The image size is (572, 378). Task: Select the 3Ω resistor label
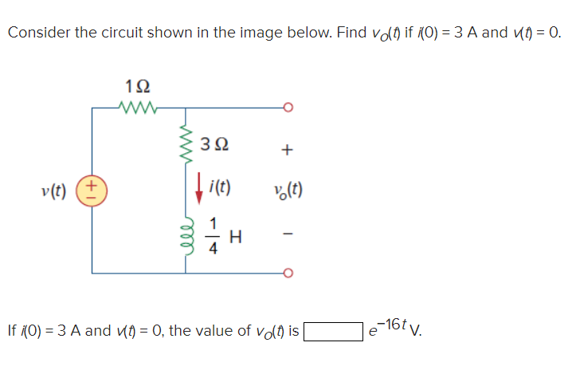tap(216, 145)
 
